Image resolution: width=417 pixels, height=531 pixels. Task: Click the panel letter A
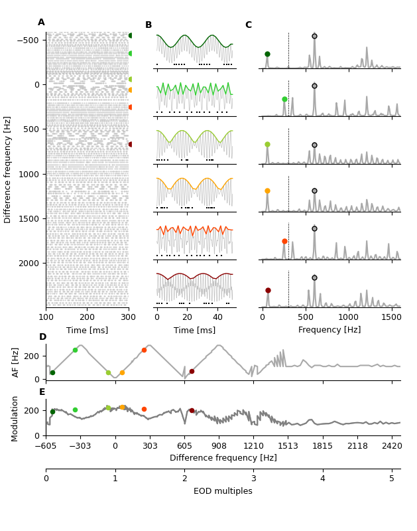click(x=41, y=23)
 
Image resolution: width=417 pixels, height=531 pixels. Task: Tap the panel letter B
click(x=149, y=25)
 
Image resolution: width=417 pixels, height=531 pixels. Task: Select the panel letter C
click(x=249, y=25)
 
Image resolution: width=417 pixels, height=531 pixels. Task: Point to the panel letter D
click(x=42, y=337)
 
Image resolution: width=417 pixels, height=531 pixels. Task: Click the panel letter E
click(x=42, y=392)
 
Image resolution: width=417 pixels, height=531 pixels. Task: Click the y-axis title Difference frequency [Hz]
click(x=8, y=169)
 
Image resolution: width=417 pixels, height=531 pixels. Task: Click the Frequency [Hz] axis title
click(x=329, y=330)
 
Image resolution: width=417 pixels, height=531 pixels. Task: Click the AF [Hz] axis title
click(x=16, y=362)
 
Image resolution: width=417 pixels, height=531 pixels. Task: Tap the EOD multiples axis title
click(x=223, y=491)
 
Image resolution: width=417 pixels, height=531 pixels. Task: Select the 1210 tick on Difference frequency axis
click(x=253, y=446)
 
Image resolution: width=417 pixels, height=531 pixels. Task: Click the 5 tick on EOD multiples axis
click(x=392, y=479)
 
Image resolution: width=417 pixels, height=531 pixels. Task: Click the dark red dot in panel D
click(x=192, y=372)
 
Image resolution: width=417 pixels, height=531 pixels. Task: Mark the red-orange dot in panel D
click(x=144, y=350)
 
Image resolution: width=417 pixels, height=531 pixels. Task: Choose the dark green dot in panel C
click(x=267, y=54)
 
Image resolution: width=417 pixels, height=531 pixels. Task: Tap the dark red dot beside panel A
click(x=131, y=144)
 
